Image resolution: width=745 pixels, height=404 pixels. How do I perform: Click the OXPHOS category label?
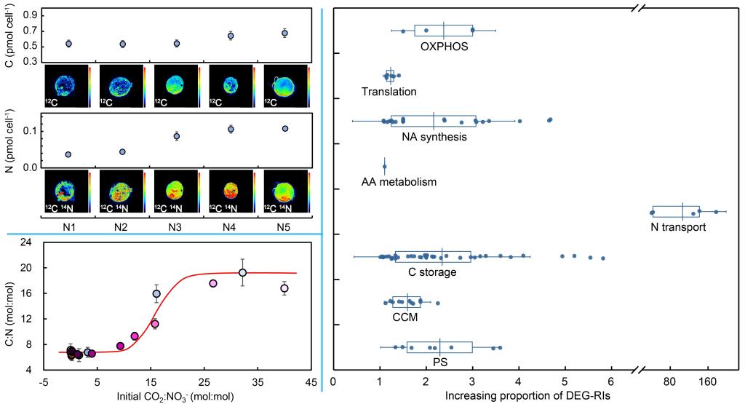443,46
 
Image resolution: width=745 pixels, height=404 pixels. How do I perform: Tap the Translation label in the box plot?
389,92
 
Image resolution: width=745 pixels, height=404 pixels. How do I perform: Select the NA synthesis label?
434,136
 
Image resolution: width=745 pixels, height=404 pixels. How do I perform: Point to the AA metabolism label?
399,181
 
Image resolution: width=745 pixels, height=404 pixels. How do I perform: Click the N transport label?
679,226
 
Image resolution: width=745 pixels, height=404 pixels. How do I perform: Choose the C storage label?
432,272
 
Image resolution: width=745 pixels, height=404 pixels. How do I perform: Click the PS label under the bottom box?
440,362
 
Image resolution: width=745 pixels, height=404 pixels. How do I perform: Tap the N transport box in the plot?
676,212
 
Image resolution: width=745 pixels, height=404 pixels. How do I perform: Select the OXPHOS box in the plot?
444,31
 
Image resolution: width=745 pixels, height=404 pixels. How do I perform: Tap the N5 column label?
285,226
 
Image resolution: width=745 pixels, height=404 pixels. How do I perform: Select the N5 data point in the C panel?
285,33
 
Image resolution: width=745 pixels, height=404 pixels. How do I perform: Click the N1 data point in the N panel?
68,155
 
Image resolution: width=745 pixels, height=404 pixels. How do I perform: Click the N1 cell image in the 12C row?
66,87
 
